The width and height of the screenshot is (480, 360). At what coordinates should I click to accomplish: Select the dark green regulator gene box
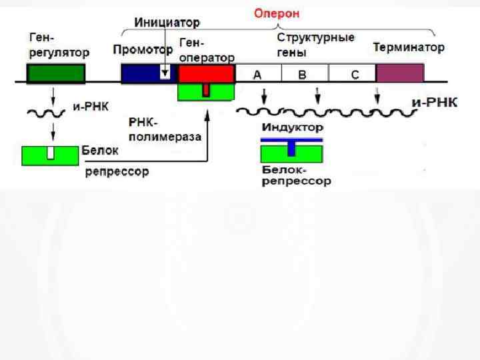pyautogui.click(x=56, y=73)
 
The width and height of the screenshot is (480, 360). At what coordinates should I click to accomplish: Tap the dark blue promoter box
pyautogui.click(x=143, y=73)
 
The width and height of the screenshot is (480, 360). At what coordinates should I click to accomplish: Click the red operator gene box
pyautogui.click(x=206, y=72)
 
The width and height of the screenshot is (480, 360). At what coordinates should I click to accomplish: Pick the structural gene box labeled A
pyautogui.click(x=258, y=73)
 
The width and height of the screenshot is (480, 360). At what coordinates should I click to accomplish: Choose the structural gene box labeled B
pyautogui.click(x=304, y=73)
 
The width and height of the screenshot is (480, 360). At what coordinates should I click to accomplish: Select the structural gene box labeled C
pyautogui.click(x=353, y=73)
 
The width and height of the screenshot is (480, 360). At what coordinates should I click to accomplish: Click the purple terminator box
pyautogui.click(x=399, y=73)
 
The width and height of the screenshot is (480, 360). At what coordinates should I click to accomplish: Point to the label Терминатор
pyautogui.click(x=409, y=48)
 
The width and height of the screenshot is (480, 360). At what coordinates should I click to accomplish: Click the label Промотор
pyautogui.click(x=143, y=49)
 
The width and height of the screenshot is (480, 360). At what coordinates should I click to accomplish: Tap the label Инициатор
pyautogui.click(x=167, y=23)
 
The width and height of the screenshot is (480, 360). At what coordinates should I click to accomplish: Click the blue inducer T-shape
pyautogui.click(x=291, y=143)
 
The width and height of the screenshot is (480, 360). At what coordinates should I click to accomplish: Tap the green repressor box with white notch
pyautogui.click(x=51, y=154)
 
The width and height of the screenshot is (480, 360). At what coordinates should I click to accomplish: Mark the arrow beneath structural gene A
pyautogui.click(x=265, y=95)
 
